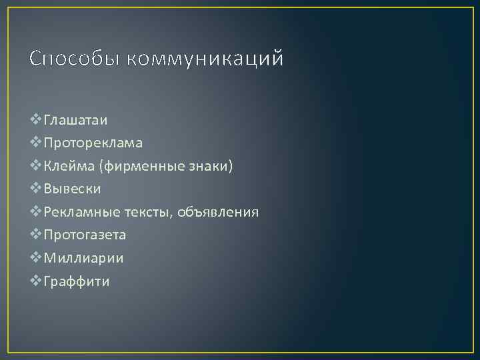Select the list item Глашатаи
coord(75,120)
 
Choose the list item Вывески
coord(72,189)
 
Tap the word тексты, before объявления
coord(147,212)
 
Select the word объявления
coord(218,212)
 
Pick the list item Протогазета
coord(85,235)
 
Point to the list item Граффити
coord(76,281)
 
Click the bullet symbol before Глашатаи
coord(36,120)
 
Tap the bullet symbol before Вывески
coord(36,189)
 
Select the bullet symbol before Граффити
coord(36,281)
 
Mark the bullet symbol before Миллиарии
coord(36,258)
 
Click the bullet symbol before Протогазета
coord(36,235)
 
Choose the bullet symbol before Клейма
coord(36,166)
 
